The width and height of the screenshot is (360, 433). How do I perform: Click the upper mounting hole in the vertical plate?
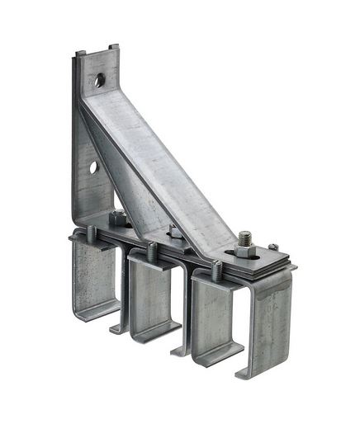click(x=99, y=80)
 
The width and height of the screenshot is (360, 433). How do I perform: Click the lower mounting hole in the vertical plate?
click(x=93, y=167)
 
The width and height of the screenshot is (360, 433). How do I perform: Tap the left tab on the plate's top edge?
click(x=80, y=54)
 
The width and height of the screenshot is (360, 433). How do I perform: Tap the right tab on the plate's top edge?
click(x=113, y=46)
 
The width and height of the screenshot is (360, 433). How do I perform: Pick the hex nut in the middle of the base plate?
click(x=175, y=232)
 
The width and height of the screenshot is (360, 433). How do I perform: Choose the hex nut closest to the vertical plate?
click(x=119, y=218)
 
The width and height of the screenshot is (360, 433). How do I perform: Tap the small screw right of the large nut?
click(x=273, y=247)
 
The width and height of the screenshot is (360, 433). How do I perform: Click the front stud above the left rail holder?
click(x=92, y=233)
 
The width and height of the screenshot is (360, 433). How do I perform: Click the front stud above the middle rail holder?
click(x=152, y=248)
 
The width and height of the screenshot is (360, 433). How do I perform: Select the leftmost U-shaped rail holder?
click(x=95, y=276)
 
